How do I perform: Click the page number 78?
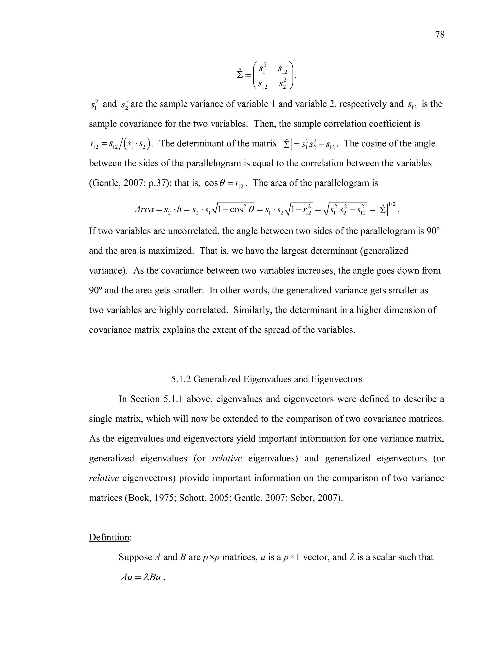[440, 35]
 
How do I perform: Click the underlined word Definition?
[109, 537]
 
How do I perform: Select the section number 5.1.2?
[181, 379]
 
